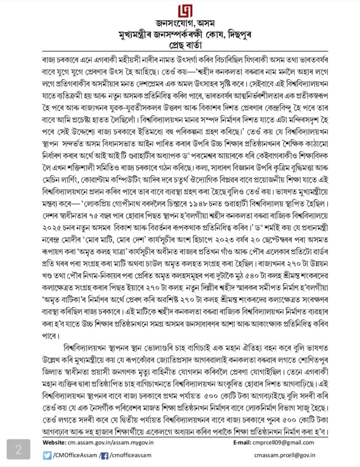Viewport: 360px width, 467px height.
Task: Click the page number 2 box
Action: pos(18,449)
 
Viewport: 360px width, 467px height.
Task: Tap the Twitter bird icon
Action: pos(47,455)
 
